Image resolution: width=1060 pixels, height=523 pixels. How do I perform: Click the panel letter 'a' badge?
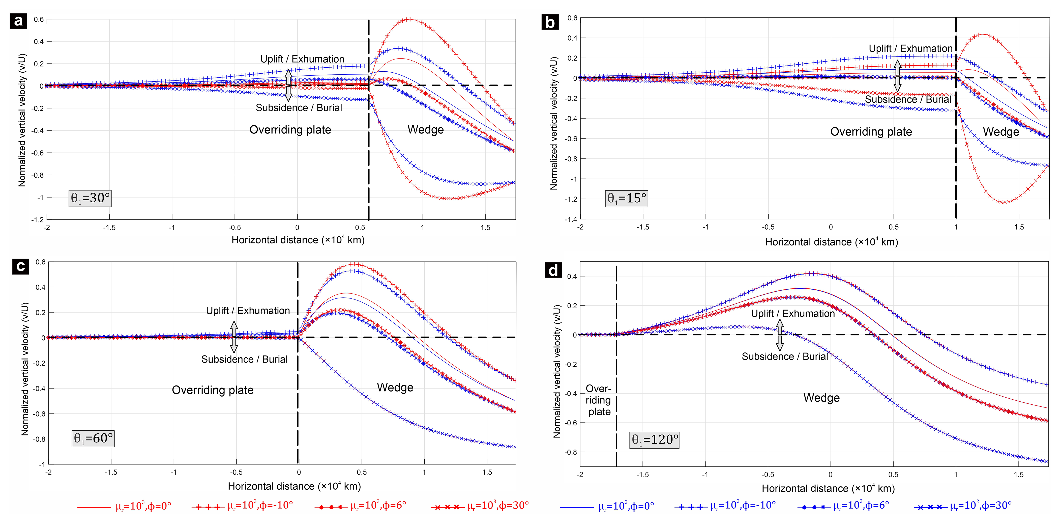18,21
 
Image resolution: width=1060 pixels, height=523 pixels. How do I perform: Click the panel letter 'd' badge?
553,270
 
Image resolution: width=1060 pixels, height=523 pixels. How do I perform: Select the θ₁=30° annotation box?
90,198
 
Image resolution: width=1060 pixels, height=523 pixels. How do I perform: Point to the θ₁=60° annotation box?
93,438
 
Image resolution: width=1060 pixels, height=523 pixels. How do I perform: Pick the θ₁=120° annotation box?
655,439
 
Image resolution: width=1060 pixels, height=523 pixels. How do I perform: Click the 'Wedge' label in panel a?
425,130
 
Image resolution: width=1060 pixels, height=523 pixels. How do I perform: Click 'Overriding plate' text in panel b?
871,132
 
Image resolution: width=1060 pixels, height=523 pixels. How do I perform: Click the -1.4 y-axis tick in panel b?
572,219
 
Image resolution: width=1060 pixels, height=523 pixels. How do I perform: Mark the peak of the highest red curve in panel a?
409,19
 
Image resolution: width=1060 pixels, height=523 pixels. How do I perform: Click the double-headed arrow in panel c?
234,337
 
